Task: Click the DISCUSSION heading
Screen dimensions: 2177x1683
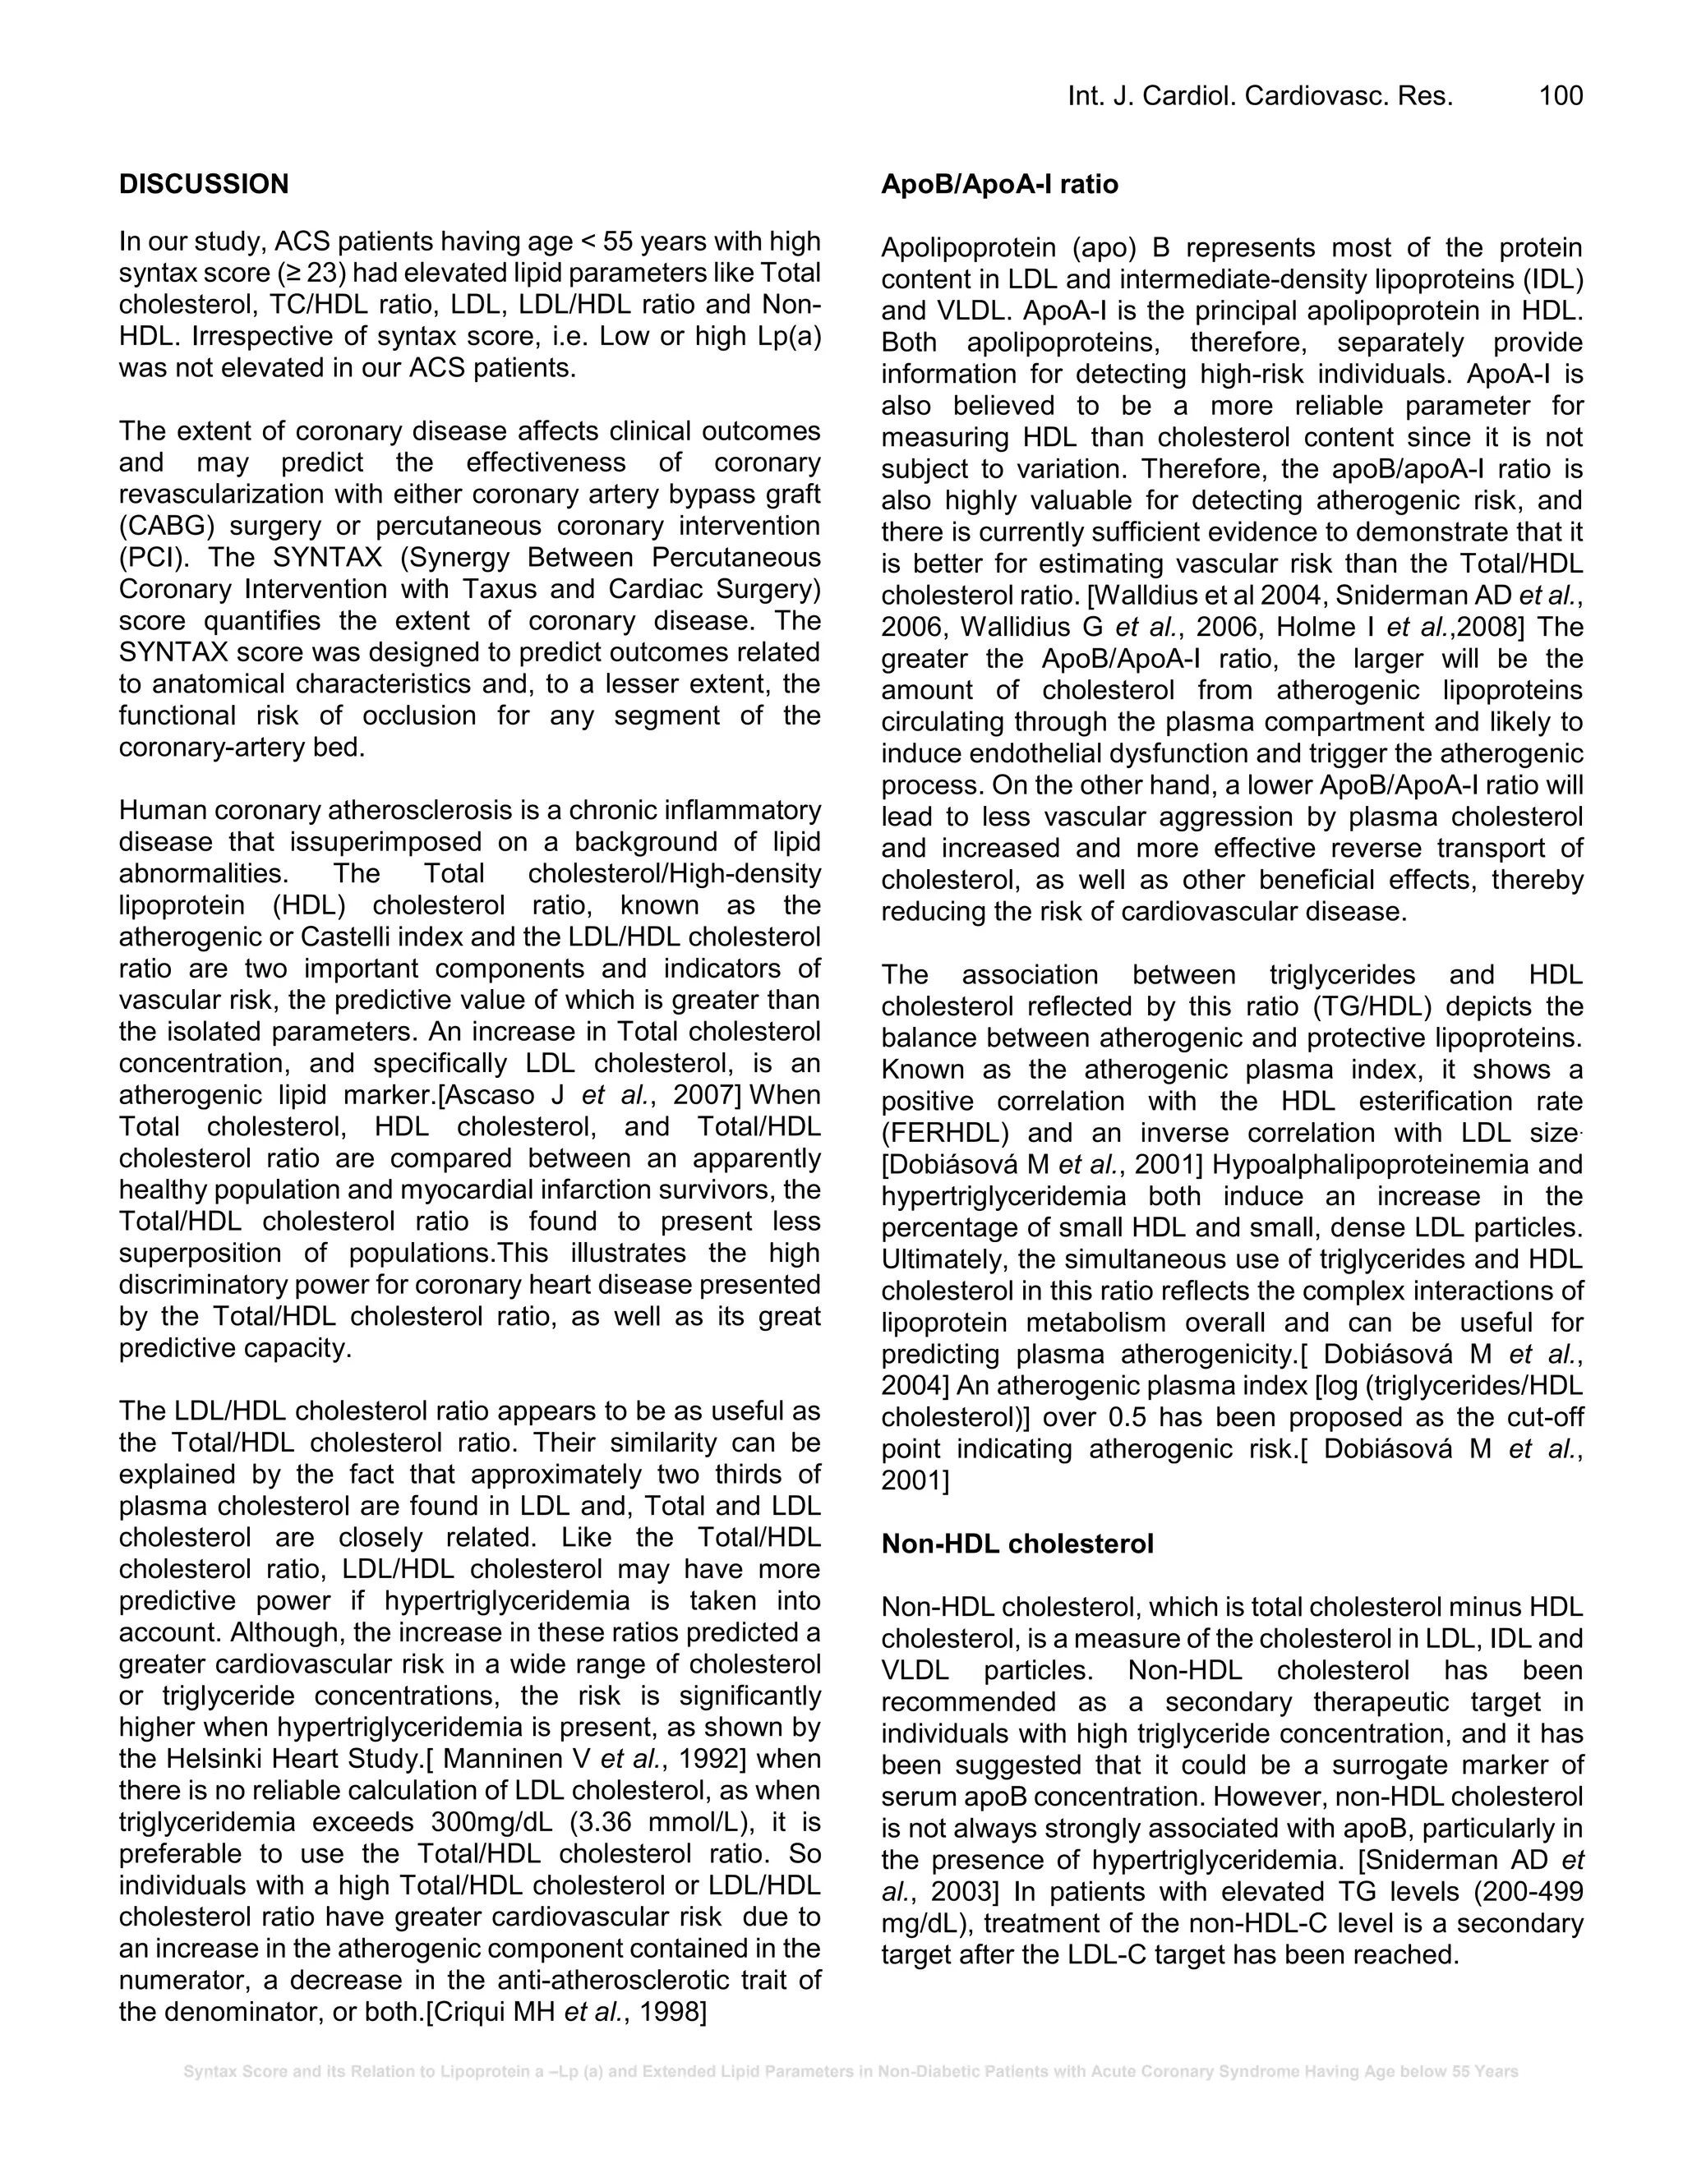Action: [204, 184]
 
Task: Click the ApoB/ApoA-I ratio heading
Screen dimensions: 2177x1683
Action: [999, 184]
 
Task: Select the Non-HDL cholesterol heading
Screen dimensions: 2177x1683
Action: [1017, 1544]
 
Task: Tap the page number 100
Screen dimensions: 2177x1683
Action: [1561, 95]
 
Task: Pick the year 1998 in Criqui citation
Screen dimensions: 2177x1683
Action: [673, 2013]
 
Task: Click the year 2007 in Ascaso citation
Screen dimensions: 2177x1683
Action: [706, 1095]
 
